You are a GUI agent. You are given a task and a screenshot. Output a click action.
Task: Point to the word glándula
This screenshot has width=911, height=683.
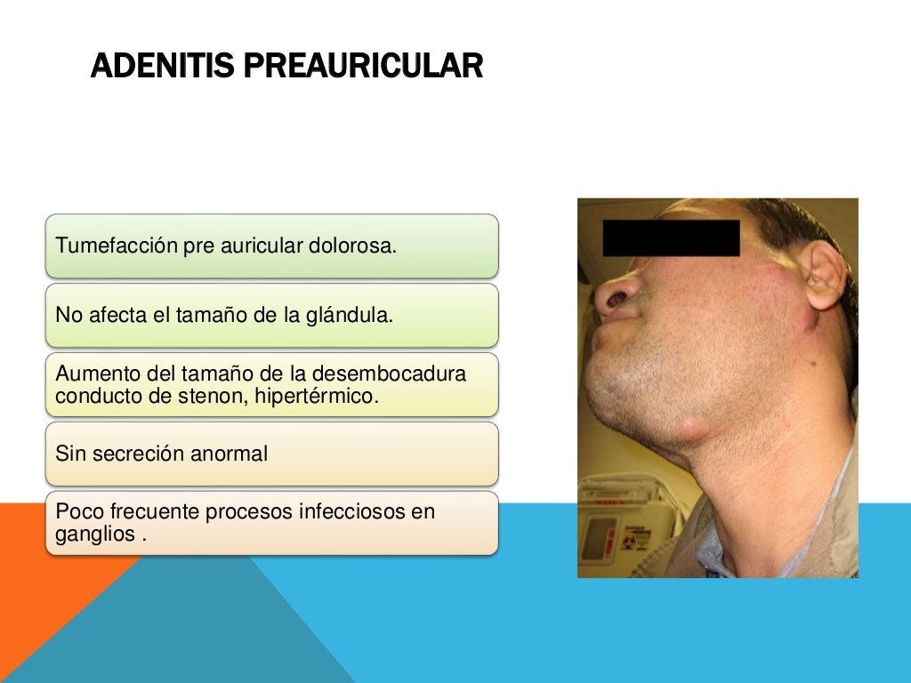347,315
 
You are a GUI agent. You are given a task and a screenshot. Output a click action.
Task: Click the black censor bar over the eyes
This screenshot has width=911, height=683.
671,237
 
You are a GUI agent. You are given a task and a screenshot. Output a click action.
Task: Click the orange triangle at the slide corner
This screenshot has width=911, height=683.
44,569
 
